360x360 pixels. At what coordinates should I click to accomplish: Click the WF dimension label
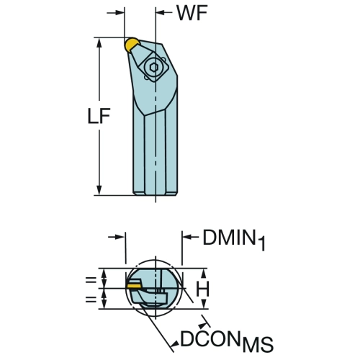pyautogui.click(x=192, y=12)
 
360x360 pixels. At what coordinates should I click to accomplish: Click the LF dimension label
pyautogui.click(x=99, y=116)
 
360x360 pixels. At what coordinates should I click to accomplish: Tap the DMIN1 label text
pyautogui.click(x=234, y=238)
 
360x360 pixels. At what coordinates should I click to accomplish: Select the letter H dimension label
pyautogui.click(x=203, y=289)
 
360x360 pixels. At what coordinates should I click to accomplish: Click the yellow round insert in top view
pyautogui.click(x=132, y=45)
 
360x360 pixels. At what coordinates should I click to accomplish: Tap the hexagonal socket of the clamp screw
pyautogui.click(x=153, y=68)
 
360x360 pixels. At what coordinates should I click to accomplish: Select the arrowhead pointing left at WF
pyautogui.click(x=161, y=12)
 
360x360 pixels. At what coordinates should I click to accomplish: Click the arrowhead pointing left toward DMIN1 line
pyautogui.click(x=186, y=237)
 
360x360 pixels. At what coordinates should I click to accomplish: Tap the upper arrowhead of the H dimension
pyautogui.click(x=204, y=273)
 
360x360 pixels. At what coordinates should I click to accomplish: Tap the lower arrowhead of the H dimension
pyautogui.click(x=204, y=305)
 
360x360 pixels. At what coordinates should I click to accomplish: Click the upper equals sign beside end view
pyautogui.click(x=91, y=280)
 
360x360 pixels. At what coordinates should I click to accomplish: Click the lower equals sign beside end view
pyautogui.click(x=91, y=300)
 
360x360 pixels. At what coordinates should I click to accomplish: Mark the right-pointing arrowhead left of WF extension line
pyautogui.click(x=120, y=12)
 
